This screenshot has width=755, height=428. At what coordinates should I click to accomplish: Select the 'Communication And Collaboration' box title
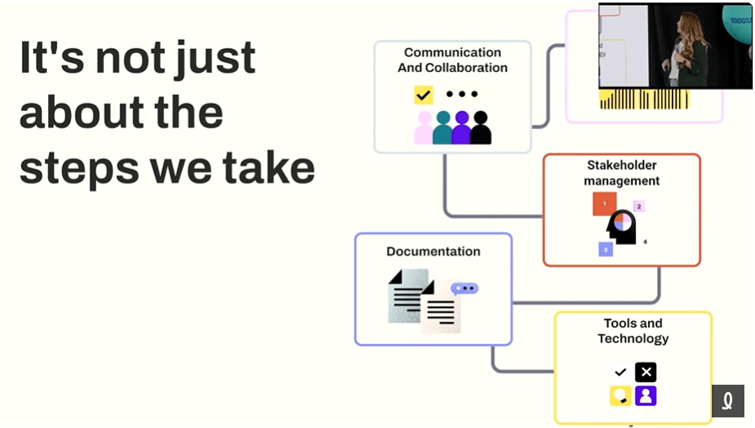click(452, 60)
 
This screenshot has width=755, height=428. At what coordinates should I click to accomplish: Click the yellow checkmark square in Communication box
click(423, 95)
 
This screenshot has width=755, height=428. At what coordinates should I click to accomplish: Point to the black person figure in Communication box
click(481, 128)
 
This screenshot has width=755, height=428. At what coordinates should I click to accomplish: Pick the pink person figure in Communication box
click(424, 128)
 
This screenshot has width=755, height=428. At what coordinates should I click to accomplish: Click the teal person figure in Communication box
click(442, 128)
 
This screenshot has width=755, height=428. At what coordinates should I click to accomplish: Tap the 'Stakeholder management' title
click(622, 173)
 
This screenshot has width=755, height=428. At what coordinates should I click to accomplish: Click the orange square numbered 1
click(604, 203)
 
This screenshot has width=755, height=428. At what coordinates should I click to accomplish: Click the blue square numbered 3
click(606, 249)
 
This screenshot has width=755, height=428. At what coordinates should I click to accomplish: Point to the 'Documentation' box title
click(433, 252)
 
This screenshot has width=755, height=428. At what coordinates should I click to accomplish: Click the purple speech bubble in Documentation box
click(464, 288)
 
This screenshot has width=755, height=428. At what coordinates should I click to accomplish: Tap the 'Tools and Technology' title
click(633, 331)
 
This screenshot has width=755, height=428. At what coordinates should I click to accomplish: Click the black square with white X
click(646, 372)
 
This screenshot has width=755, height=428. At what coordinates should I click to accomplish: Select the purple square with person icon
click(646, 396)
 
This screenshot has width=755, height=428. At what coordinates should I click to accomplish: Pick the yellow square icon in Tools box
click(620, 396)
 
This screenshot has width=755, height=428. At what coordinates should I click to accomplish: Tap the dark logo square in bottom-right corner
click(727, 401)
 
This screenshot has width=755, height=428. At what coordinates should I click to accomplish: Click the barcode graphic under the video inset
click(644, 100)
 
